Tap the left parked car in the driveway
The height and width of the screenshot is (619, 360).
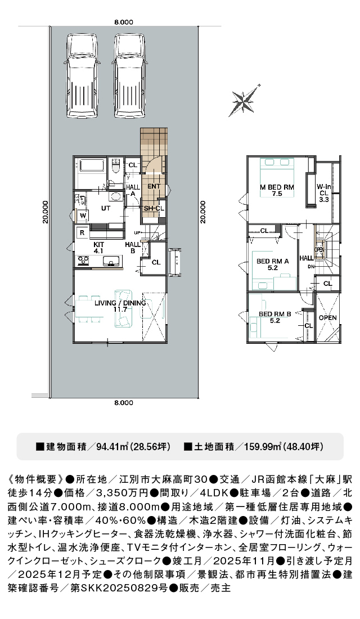pyautogui.click(x=82, y=75)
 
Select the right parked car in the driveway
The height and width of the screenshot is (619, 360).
pyautogui.click(x=130, y=75)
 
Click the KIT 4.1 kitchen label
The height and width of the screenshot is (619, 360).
pyautogui.click(x=98, y=248)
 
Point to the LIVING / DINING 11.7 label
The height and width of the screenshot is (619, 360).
pyautogui.click(x=120, y=306)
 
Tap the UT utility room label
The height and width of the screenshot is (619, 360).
pyautogui.click(x=105, y=208)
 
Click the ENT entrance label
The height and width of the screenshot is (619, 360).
pyautogui.click(x=154, y=186)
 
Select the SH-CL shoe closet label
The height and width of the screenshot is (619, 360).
pyautogui.click(x=154, y=208)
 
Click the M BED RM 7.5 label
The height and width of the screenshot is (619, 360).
pyautogui.click(x=277, y=190)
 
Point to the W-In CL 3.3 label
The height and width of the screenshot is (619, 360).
pyautogui.click(x=323, y=193)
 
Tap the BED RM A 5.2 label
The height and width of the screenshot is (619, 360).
pyautogui.click(x=273, y=264)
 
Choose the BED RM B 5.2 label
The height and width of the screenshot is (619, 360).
pyautogui.click(x=274, y=317)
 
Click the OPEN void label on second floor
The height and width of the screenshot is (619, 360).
pyautogui.click(x=327, y=318)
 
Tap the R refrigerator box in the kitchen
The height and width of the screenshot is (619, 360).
pyautogui.click(x=82, y=233)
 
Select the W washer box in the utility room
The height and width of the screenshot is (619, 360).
pyautogui.click(x=83, y=216)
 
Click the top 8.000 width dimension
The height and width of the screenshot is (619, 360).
pyautogui.click(x=124, y=23)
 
